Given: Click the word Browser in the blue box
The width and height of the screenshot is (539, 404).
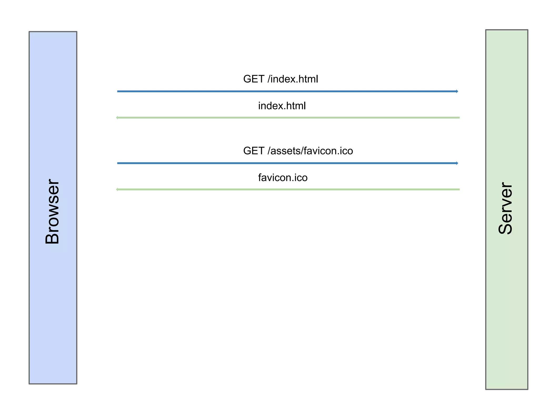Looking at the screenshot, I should (52, 211).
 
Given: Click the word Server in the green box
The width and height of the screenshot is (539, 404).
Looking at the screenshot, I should (506, 208).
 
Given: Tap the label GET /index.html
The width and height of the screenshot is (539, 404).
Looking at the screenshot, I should (281, 79).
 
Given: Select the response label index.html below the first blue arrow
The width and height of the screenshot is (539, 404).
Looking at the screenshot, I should (282, 106).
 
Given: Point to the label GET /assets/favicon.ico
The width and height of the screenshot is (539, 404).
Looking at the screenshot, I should (298, 151).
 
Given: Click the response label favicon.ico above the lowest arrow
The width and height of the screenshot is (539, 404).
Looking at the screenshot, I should (283, 178).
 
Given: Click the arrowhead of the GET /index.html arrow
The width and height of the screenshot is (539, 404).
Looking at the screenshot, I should (457, 91).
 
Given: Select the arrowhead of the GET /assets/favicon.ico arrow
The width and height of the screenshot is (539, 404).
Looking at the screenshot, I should (457, 163).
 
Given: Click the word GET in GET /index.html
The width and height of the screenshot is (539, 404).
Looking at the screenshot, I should (254, 79).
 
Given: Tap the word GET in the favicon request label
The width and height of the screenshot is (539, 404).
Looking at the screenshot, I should (254, 151).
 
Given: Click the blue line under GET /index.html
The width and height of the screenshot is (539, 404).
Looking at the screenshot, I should (287, 91).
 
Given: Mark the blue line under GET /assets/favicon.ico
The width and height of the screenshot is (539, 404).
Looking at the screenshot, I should (287, 163).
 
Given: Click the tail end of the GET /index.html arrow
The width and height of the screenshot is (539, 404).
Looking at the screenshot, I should (118, 91).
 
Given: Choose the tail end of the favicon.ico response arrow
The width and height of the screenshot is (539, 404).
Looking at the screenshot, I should (459, 189).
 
